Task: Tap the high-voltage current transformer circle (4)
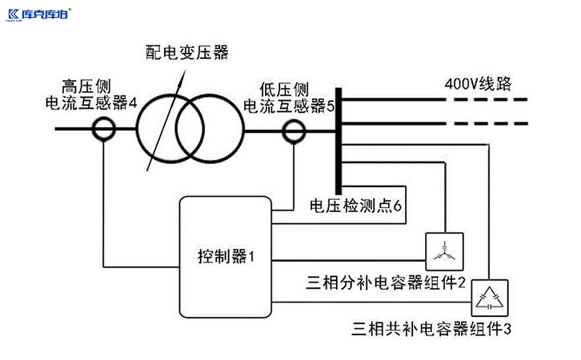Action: tap(104, 128)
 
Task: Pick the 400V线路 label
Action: tap(477, 83)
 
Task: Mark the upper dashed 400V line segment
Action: tap(488, 101)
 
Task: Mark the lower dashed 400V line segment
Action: tap(488, 125)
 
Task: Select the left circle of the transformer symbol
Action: tap(166, 128)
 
